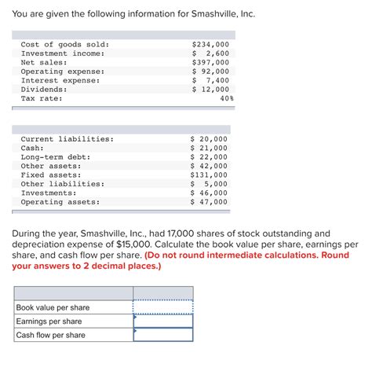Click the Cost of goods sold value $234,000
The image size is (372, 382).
click(210, 44)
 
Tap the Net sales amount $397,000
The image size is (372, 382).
click(210, 62)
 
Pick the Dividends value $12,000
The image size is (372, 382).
click(210, 89)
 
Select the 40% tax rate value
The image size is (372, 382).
click(226, 98)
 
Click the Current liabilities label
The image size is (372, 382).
click(67, 138)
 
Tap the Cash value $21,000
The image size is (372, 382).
click(209, 148)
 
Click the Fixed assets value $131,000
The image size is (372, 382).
click(209, 174)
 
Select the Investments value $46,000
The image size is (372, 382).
click(209, 193)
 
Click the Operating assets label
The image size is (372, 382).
click(60, 201)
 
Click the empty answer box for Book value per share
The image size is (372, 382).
click(163, 307)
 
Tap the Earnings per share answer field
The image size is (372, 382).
click(163, 321)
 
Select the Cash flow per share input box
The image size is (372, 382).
click(163, 335)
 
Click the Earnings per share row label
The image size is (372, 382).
click(49, 321)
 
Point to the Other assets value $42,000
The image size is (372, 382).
click(209, 166)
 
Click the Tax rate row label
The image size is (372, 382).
click(42, 98)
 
